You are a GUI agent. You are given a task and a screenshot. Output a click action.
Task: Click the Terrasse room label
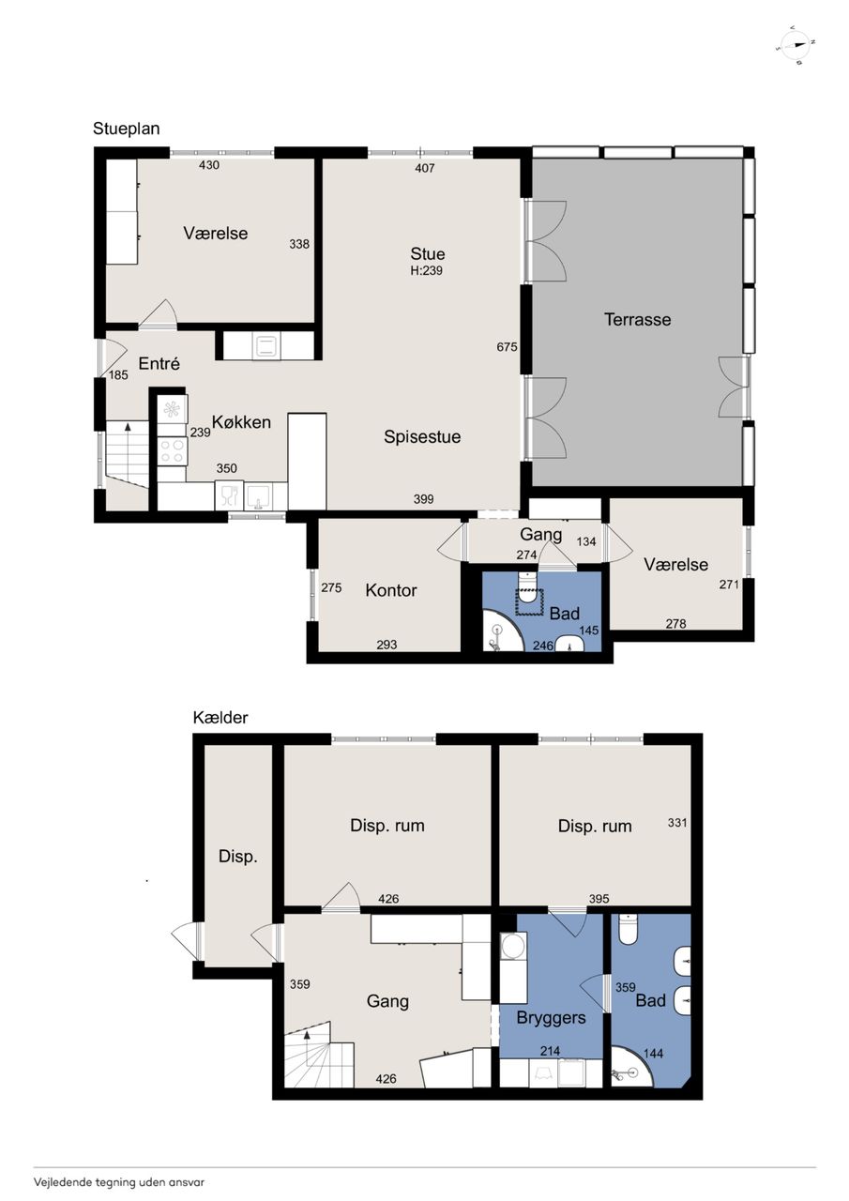pos(637,320)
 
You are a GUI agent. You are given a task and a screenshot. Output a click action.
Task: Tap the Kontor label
pos(391,590)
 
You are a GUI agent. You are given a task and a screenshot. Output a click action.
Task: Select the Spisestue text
pos(422,437)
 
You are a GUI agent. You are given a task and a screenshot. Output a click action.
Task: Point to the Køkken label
pos(241,422)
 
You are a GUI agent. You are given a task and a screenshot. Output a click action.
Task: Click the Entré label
pos(159,363)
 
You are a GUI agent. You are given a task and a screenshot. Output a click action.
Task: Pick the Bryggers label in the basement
pos(551,1018)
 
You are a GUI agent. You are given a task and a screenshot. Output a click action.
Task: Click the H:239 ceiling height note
pos(427,271)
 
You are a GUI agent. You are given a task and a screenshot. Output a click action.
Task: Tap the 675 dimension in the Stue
pos(507,347)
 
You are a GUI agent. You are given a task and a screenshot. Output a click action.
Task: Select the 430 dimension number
pos(209,165)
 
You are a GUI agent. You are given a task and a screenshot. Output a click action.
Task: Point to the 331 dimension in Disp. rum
pos(677,823)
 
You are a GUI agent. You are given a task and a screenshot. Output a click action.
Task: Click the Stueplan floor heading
pos(126,129)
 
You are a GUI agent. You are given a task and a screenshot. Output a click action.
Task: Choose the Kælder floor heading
pos(220,718)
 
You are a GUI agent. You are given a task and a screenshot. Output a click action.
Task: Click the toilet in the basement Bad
pos(627,929)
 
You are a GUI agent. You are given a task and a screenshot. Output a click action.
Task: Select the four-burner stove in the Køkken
pos(172,450)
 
